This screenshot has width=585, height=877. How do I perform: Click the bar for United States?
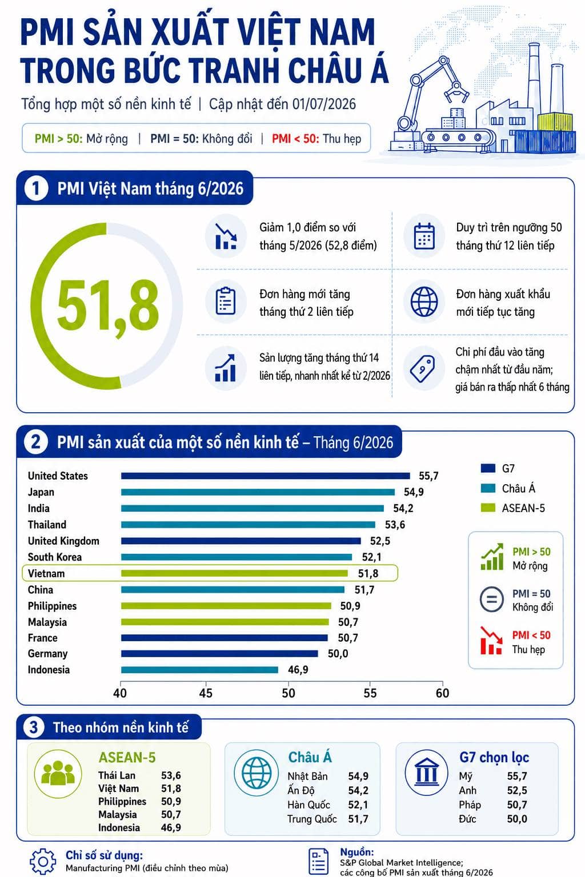click(x=265, y=476)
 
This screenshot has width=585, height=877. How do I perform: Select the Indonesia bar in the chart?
click(x=199, y=670)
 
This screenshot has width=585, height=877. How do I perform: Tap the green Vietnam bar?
click(x=234, y=574)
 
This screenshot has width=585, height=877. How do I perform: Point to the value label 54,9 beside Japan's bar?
click(x=414, y=492)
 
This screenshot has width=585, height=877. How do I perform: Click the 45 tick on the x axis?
click(x=206, y=693)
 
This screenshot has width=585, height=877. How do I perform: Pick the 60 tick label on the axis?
click(x=442, y=693)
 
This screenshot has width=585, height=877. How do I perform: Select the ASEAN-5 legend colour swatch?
click(x=488, y=508)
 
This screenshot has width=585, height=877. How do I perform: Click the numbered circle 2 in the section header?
click(x=35, y=442)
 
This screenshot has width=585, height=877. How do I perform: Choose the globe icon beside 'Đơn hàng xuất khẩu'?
click(x=424, y=301)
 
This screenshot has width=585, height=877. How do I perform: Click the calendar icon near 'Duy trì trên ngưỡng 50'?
click(x=424, y=236)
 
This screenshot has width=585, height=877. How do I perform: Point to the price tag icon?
click(x=422, y=369)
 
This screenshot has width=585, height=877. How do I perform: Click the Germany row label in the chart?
click(x=48, y=653)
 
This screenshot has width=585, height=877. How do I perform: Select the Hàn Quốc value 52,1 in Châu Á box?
click(x=358, y=805)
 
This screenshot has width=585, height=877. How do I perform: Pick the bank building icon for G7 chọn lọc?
click(x=426, y=773)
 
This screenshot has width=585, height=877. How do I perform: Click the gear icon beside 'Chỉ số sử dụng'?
click(x=43, y=861)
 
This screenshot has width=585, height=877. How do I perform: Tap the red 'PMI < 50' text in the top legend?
click(x=295, y=139)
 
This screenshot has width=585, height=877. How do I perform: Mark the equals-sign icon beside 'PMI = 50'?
click(x=491, y=599)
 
